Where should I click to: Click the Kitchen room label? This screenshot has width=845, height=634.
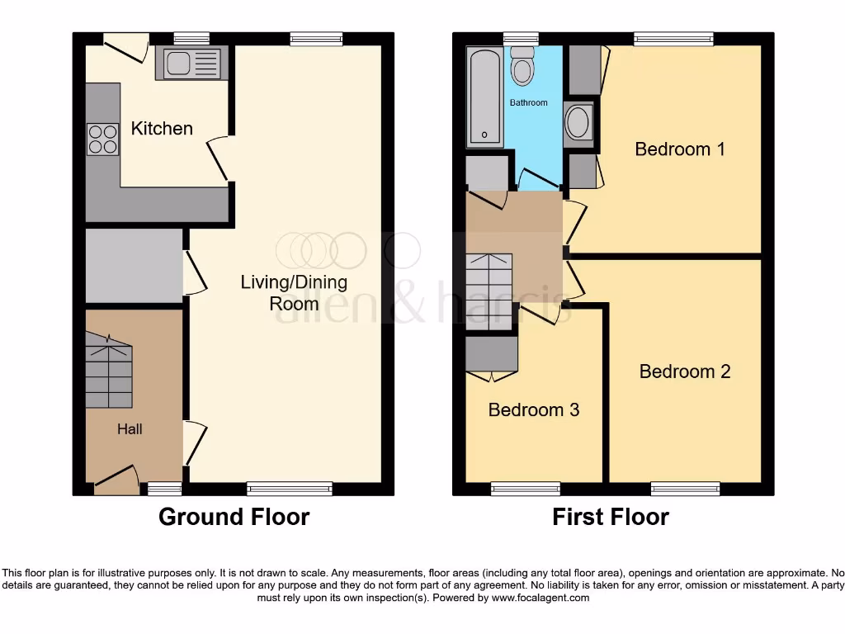[x=162, y=129]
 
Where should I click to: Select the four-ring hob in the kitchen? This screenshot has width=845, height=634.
[x=102, y=139]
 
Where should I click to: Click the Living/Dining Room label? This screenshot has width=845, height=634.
[x=294, y=292]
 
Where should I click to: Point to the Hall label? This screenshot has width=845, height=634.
[x=130, y=429]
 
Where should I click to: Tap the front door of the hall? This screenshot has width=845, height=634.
[x=116, y=481]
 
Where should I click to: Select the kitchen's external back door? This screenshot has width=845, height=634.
[x=126, y=45]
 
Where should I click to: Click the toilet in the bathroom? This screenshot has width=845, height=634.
[x=522, y=66]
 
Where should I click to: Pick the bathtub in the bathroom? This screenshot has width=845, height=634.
[x=484, y=97]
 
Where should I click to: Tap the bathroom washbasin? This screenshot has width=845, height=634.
[x=578, y=123]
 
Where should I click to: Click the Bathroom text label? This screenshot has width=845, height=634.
[x=528, y=103]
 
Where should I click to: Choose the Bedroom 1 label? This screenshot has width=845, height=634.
[x=679, y=149]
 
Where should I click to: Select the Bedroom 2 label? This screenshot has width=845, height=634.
[x=685, y=371]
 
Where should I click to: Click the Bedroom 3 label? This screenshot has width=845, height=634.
[x=534, y=410]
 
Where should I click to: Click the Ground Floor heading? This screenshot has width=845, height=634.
[x=234, y=518]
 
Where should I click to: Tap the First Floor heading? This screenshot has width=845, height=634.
[x=611, y=518]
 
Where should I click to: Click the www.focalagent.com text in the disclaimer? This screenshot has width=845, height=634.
[x=541, y=598]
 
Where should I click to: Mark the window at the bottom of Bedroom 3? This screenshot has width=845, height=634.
[x=526, y=489]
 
